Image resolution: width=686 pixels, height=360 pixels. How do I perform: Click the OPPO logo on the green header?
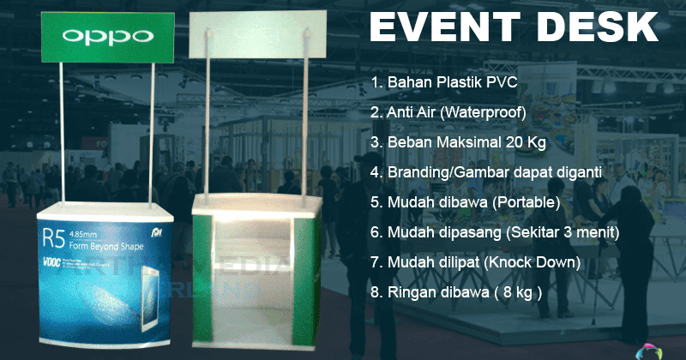tap(108, 36)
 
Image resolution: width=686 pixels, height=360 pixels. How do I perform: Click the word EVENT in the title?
tap(447, 27)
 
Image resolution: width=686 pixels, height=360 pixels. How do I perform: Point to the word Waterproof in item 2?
tap(490, 112)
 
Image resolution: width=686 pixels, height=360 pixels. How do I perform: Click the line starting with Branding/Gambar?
tap(486, 172)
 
